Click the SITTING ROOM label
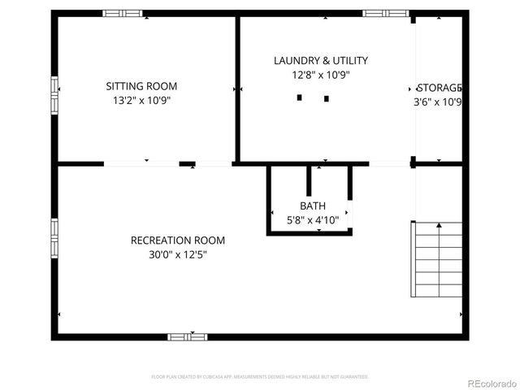(x=141, y=86)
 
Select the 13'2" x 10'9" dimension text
(x=141, y=101)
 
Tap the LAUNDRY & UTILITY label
(x=320, y=60)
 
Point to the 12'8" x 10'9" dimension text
(x=320, y=75)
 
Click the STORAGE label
(x=440, y=88)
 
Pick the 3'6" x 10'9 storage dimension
(x=438, y=102)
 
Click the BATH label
(x=312, y=206)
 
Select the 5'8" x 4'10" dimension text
(x=312, y=220)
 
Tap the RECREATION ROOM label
(x=178, y=240)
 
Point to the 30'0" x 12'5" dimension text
(x=178, y=255)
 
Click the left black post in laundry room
(x=299, y=98)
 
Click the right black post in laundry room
(x=326, y=98)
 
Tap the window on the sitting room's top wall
(x=123, y=14)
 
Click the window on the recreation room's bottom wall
(x=188, y=336)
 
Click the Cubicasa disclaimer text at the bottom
(x=260, y=377)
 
